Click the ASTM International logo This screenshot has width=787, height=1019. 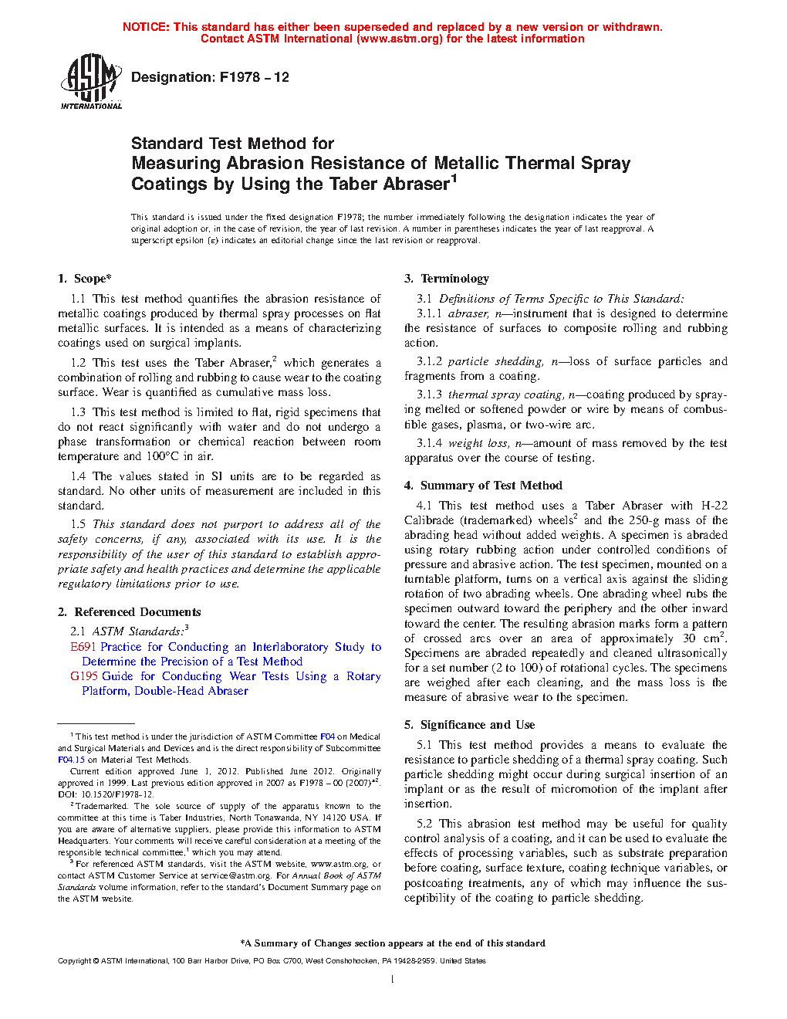[x=91, y=81]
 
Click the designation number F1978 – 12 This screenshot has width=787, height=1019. [x=254, y=77]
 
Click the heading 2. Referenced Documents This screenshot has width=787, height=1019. [x=129, y=612]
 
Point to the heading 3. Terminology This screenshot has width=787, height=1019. [x=447, y=279]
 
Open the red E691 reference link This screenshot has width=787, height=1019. [x=83, y=647]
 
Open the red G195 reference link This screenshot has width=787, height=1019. [x=84, y=676]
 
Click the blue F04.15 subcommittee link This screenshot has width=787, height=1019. [x=71, y=760]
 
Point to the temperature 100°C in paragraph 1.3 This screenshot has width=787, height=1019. [x=162, y=456]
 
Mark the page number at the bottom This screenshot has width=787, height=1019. [x=393, y=980]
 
